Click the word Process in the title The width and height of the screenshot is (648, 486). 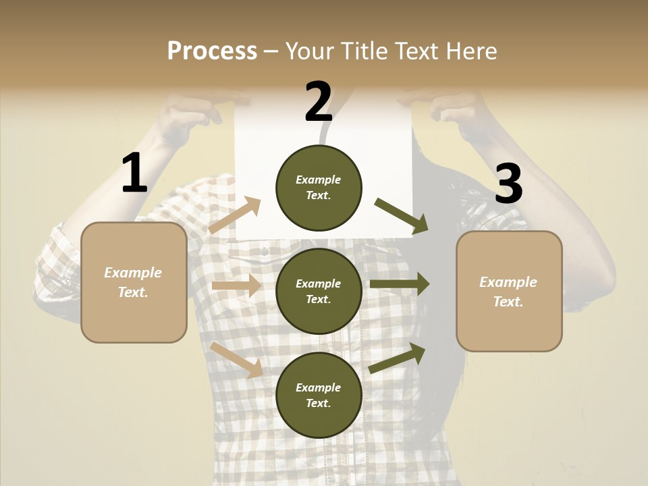(x=212, y=51)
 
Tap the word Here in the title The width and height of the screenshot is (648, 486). (x=470, y=51)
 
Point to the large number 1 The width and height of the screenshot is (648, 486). (x=134, y=173)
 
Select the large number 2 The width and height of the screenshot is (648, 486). (x=319, y=102)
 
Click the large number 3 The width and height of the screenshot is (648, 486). (x=508, y=184)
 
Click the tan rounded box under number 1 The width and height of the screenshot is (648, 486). (x=134, y=282)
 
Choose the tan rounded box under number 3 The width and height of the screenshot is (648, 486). (x=509, y=291)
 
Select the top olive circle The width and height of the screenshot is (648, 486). (x=319, y=187)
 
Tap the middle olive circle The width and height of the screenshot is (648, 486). (x=319, y=291)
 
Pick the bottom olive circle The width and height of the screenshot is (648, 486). (x=319, y=395)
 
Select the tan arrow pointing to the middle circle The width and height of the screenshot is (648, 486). (x=236, y=286)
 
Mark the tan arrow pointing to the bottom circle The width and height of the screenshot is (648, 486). (x=236, y=359)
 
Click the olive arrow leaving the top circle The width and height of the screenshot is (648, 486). (x=401, y=215)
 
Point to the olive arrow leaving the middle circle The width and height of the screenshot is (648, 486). (x=400, y=284)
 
